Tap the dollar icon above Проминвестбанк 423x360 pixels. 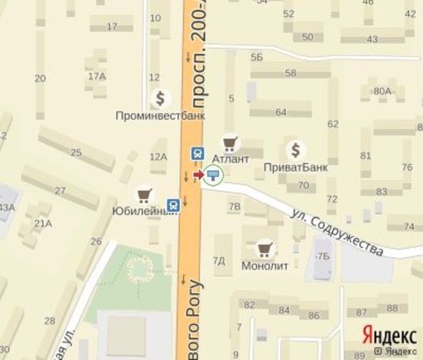[x=160, y=98]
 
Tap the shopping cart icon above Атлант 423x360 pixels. [x=229, y=143]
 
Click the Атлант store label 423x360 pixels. [x=230, y=159]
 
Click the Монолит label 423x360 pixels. [x=264, y=266]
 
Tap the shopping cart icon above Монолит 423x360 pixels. [x=264, y=248]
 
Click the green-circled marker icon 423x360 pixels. [x=213, y=177]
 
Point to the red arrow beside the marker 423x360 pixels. [x=198, y=176]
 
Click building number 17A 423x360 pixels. [x=96, y=76]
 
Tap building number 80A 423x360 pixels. [x=382, y=92]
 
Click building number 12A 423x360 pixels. [x=158, y=157]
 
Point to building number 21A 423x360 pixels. [x=43, y=223]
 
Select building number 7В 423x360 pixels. [x=235, y=206]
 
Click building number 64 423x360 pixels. [x=281, y=112]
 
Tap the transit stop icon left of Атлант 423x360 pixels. [x=197, y=153]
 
